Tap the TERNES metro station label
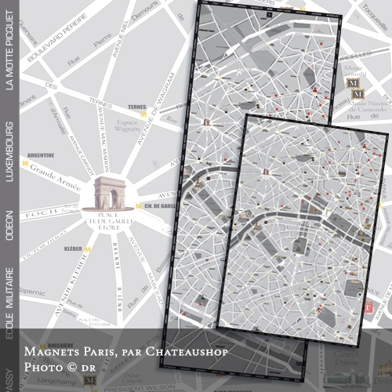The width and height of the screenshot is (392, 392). pos(137,107)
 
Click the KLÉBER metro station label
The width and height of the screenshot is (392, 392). pos(73,249)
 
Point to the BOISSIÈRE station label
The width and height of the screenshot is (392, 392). pos(39,344)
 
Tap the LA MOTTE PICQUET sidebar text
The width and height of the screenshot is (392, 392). pos(10,56)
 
